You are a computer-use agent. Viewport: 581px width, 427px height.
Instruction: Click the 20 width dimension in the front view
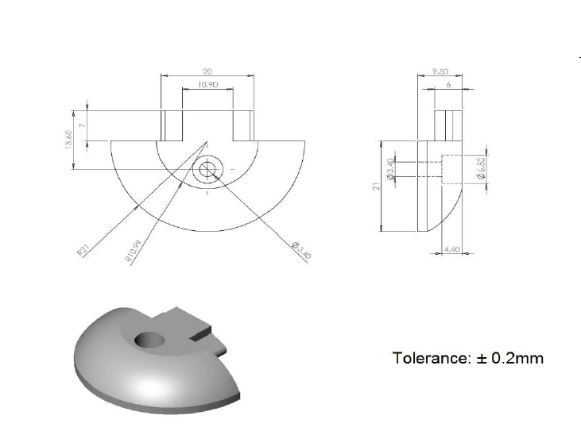click(x=207, y=71)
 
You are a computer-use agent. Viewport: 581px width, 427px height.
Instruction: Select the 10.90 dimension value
click(x=207, y=84)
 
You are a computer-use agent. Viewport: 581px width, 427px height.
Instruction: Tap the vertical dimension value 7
click(x=82, y=125)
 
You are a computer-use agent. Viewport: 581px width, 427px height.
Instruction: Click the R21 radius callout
click(x=82, y=251)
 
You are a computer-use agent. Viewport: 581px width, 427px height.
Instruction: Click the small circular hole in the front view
click(x=208, y=169)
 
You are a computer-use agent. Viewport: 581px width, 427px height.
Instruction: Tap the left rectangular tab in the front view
click(x=172, y=125)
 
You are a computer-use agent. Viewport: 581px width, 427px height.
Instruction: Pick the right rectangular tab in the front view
click(x=243, y=125)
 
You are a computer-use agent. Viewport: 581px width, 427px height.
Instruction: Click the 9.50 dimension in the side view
click(x=440, y=71)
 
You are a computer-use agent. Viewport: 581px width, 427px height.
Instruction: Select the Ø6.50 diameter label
click(x=482, y=168)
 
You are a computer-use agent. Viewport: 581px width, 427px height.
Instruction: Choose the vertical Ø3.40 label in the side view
click(x=390, y=170)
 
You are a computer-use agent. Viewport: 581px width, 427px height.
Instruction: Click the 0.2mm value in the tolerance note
click(x=517, y=358)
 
